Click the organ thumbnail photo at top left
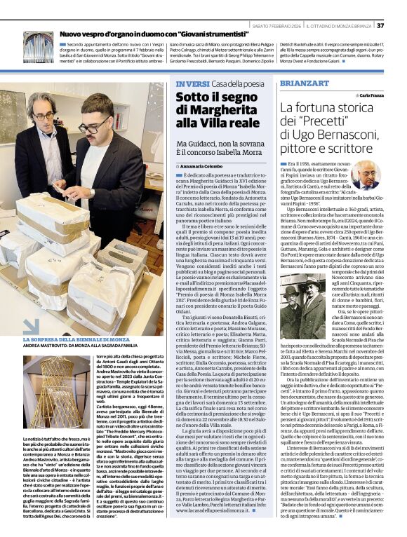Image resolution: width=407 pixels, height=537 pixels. click(38, 48)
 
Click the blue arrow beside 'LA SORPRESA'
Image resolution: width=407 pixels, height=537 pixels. click(32, 326)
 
